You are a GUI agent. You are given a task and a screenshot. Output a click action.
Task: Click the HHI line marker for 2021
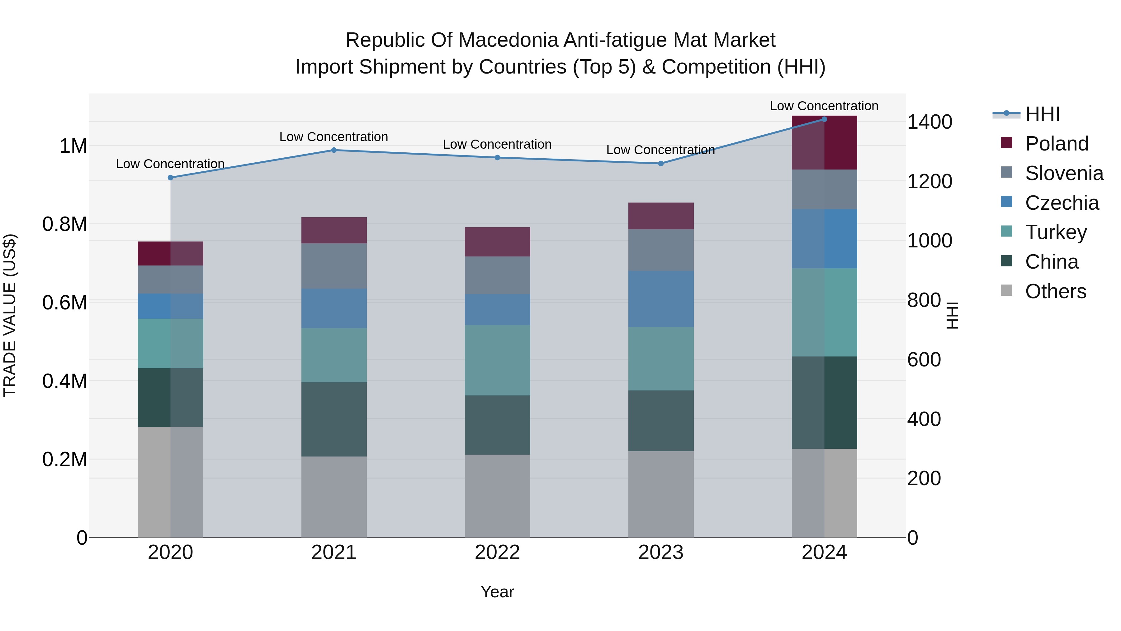[x=334, y=150]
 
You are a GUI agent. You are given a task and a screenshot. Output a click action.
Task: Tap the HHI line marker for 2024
[x=824, y=119]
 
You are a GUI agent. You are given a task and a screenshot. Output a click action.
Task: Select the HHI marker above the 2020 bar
[x=171, y=178]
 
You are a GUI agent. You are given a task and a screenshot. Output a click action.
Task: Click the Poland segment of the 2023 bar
[x=660, y=216]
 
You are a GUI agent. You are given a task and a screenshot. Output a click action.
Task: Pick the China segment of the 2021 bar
[x=334, y=419]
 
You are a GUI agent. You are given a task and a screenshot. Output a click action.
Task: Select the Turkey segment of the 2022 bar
[x=497, y=360]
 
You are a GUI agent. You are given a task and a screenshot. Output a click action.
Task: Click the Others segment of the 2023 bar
[x=660, y=494]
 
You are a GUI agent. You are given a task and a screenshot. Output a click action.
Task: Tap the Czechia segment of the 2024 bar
[x=824, y=239]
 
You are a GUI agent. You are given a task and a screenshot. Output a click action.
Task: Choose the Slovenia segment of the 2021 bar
[x=334, y=266]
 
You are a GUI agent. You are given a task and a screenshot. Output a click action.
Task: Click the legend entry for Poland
[x=1057, y=144]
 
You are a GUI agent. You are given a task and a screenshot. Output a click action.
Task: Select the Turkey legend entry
[x=1056, y=232]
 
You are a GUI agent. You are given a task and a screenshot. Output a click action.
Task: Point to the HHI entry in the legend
[x=1042, y=114]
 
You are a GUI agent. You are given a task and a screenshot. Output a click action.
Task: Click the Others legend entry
[x=1055, y=291]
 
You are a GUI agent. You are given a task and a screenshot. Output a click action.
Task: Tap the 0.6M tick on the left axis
[x=64, y=303]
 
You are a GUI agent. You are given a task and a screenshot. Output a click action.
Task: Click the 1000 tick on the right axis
[x=929, y=241]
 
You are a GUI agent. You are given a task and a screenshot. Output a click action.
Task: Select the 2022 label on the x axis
[x=497, y=552]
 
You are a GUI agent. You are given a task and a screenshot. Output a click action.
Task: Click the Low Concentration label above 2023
[x=660, y=150]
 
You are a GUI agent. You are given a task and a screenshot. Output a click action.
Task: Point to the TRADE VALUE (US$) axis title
[x=10, y=316]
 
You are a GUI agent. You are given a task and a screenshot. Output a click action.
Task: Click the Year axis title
[x=497, y=592]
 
